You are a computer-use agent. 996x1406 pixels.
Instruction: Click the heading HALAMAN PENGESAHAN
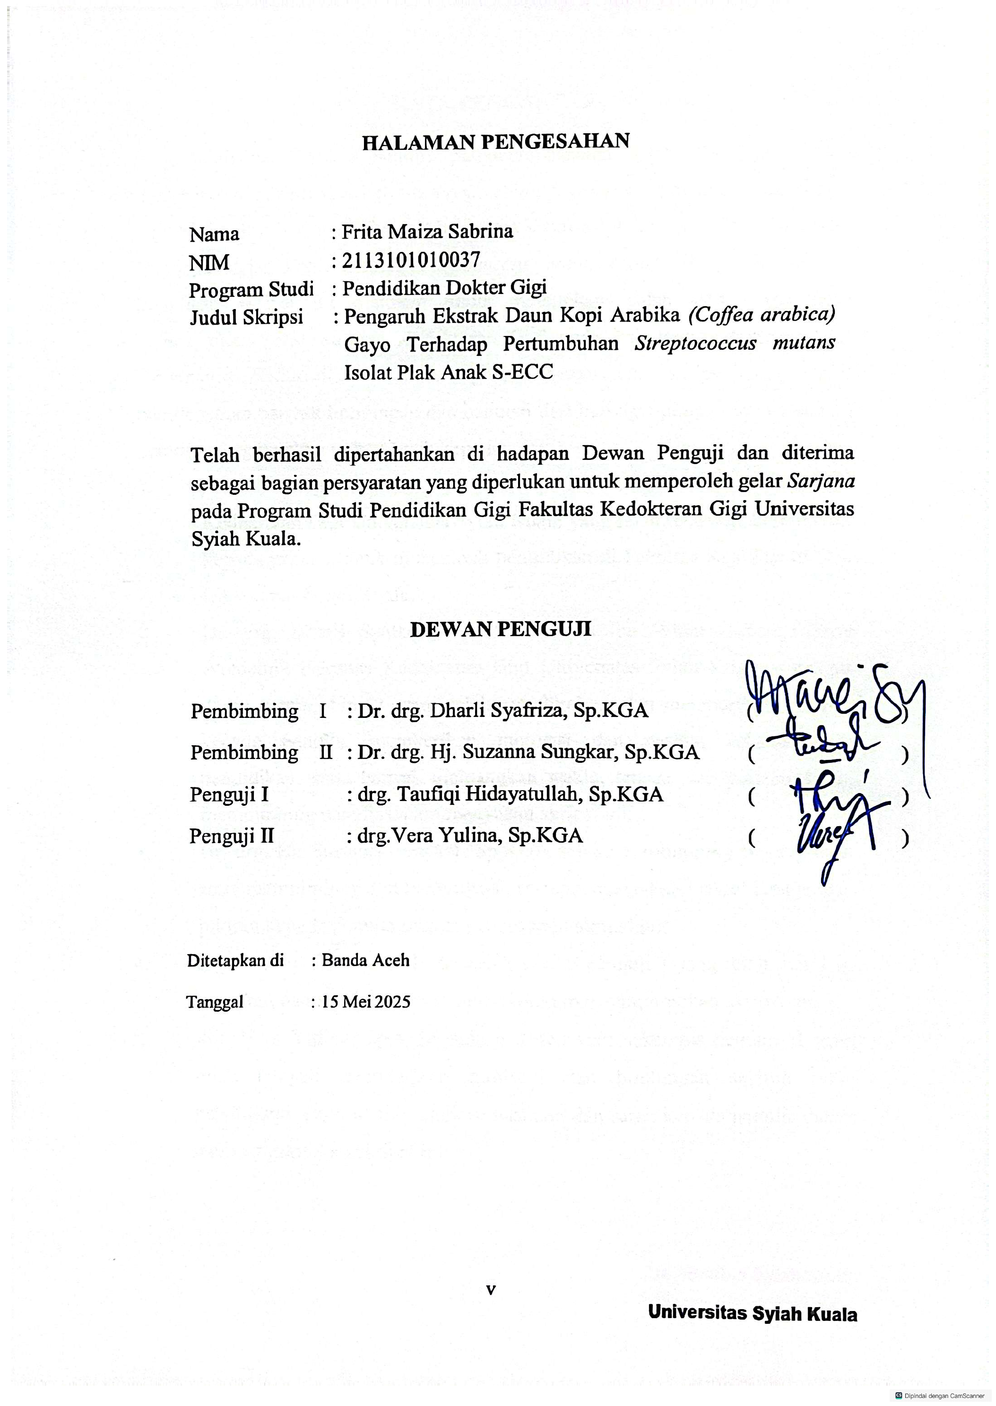tap(495, 142)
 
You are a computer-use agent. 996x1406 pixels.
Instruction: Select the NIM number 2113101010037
tap(410, 260)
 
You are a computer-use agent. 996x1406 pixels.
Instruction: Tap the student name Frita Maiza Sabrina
tap(427, 232)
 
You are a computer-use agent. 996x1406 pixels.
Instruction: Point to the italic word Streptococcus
tap(695, 343)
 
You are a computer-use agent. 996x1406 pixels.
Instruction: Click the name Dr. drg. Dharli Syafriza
tap(503, 711)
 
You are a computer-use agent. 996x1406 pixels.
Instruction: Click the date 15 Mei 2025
tap(366, 1002)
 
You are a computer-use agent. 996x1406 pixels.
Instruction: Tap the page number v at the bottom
tap(491, 1290)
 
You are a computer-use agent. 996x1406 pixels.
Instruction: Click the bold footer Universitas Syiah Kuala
tap(753, 1313)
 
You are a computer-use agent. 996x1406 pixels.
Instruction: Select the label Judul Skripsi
tap(246, 317)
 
